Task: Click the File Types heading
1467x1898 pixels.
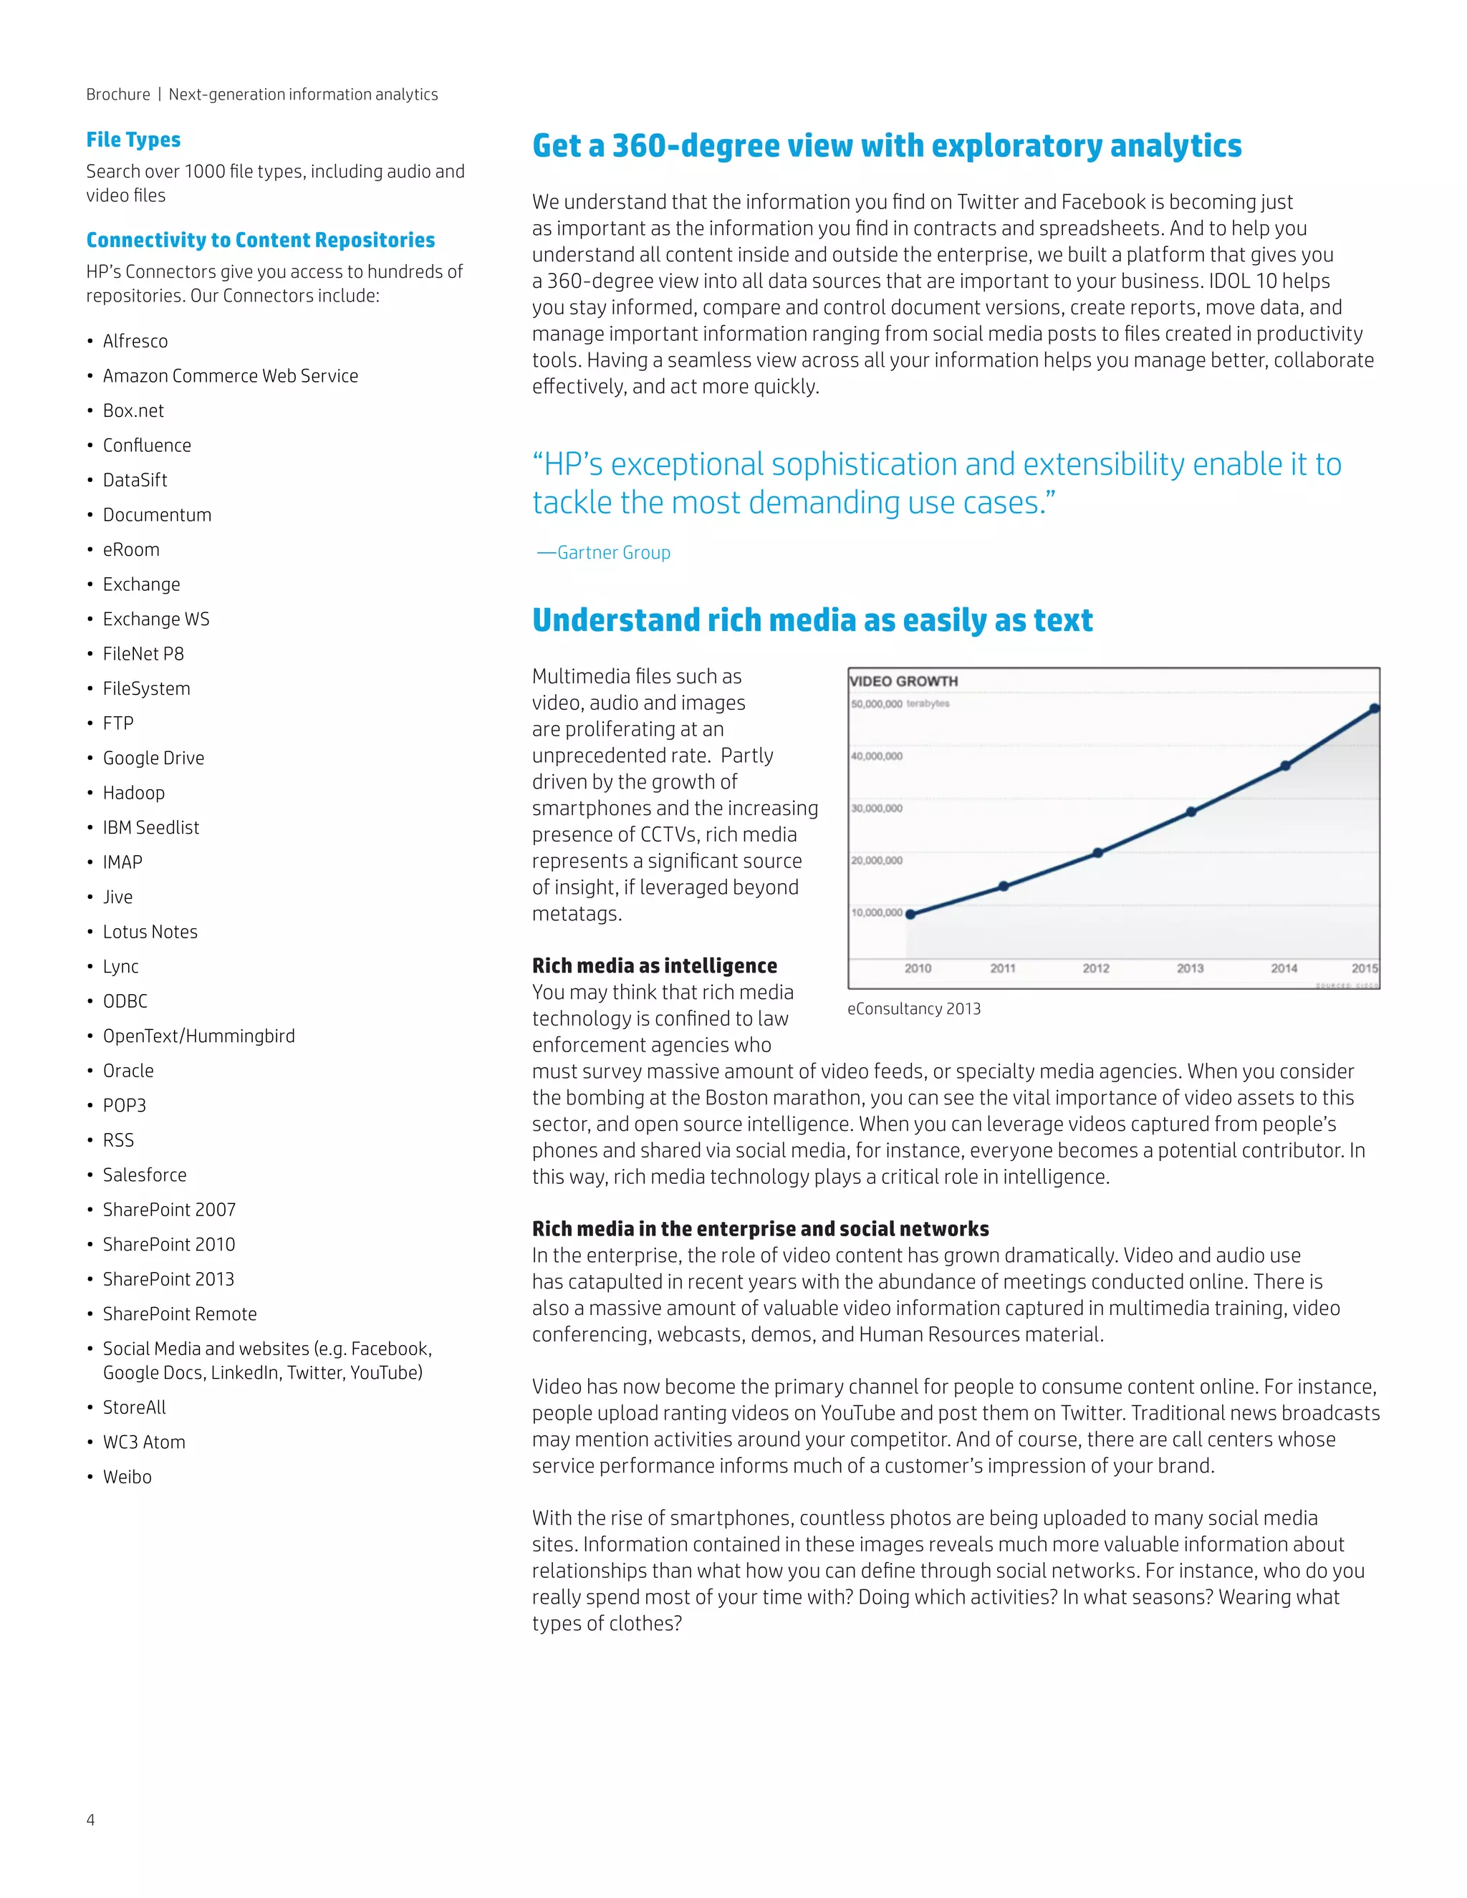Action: tap(133, 140)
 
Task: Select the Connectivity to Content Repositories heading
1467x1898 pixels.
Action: tap(260, 240)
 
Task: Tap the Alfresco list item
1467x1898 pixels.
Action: tap(135, 342)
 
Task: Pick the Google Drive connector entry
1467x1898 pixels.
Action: tap(153, 758)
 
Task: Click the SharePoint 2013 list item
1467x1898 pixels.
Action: tap(168, 1279)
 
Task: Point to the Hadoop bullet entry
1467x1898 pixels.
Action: tap(133, 793)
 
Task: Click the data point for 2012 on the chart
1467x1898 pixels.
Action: tap(1097, 852)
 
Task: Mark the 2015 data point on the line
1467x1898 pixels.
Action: tap(1374, 709)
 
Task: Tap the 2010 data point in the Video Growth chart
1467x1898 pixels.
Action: tap(910, 914)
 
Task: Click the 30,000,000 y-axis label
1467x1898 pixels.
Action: tap(876, 808)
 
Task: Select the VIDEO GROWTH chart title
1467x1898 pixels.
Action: tap(903, 681)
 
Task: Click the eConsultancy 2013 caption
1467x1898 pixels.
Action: tap(913, 1009)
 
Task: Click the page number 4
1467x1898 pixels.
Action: tap(90, 1820)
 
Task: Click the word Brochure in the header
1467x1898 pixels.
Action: tap(117, 95)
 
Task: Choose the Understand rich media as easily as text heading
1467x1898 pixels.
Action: tap(812, 620)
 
